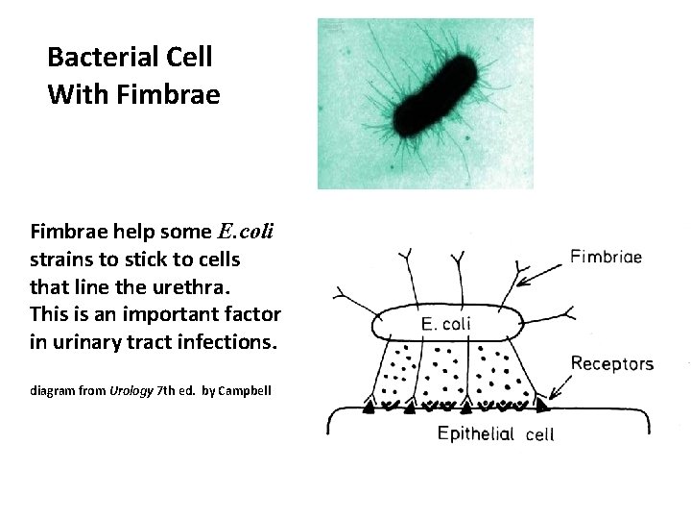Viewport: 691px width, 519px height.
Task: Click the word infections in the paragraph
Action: click(223, 341)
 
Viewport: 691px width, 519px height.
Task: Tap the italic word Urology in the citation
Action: click(131, 391)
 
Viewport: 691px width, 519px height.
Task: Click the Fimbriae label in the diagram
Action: click(606, 257)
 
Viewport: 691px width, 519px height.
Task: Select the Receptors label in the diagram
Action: click(612, 363)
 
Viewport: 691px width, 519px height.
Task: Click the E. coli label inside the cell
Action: click(446, 323)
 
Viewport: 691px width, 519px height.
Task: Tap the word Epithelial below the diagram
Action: click(476, 433)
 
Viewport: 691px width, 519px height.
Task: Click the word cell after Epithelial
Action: click(540, 434)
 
